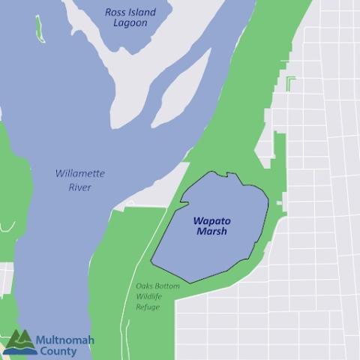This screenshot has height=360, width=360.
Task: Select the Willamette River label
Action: point(79,180)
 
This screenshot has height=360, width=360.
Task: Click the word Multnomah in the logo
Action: point(65,340)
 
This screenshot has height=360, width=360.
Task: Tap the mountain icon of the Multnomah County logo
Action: point(18,341)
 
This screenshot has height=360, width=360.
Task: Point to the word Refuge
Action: point(148,307)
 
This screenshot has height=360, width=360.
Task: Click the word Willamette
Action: point(79,173)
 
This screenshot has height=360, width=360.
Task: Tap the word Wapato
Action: point(210,221)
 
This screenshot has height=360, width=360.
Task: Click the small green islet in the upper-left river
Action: point(38,27)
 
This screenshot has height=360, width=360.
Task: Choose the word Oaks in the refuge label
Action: point(145,286)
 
